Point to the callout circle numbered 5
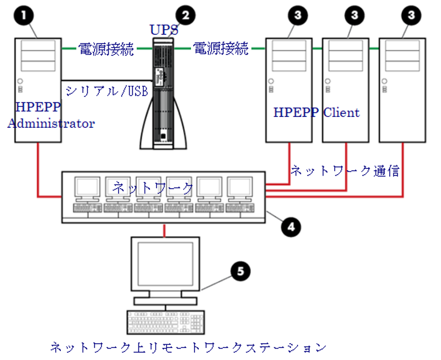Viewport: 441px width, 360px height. coord(240,271)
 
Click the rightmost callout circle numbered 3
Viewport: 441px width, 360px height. coord(411,16)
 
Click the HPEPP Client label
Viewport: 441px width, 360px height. coord(316,113)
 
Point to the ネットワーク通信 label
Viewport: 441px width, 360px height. coord(345,171)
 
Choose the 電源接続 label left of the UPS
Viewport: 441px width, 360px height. coord(107,49)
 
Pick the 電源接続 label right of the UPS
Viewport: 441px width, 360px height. coord(220,49)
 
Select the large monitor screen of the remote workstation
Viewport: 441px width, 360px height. coord(165,265)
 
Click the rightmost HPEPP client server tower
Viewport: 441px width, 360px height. coord(402,90)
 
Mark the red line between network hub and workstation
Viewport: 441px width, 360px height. coord(164,230)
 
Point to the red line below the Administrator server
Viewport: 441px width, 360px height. coord(39,169)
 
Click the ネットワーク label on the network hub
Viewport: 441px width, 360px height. coord(153,188)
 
